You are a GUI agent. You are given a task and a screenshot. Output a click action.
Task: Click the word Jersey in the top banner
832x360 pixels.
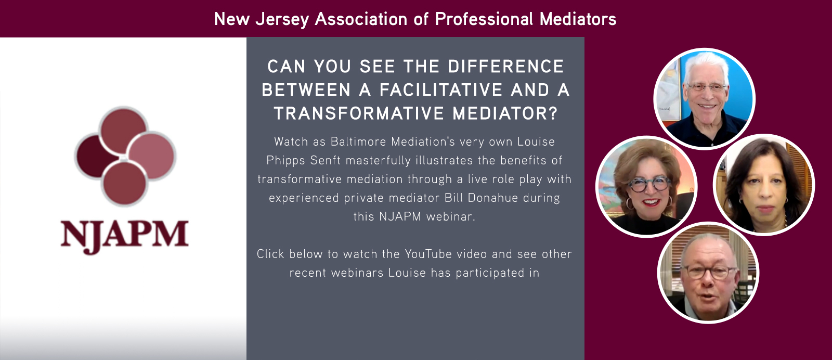coord(282,19)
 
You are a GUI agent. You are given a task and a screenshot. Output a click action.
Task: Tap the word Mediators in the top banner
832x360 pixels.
coord(578,19)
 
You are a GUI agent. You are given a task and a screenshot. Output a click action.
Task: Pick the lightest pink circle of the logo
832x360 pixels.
coord(151,156)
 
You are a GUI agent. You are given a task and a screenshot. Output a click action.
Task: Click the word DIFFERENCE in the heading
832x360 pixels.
coord(506,67)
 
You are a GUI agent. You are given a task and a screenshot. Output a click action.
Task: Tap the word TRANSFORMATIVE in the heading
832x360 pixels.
coord(359,113)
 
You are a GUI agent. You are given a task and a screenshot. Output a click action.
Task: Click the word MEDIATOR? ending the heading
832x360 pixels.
coord(505,113)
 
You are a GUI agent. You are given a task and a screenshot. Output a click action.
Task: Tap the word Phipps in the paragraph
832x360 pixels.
coord(286,161)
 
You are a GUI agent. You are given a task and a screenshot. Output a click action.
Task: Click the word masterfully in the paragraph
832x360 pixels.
coord(378,161)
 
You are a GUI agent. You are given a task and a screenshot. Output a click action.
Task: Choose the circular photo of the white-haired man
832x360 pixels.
coord(704,99)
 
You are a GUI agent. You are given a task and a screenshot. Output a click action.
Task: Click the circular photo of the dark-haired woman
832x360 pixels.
coord(764,185)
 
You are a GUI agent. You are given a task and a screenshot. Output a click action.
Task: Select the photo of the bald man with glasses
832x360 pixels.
coord(708,273)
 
